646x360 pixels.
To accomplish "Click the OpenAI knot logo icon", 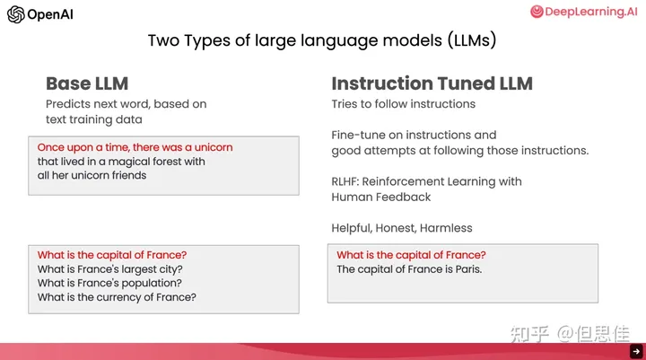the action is pos(15,14).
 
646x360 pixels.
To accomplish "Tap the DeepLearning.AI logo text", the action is pos(591,12).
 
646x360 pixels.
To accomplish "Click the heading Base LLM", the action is pos(87,83).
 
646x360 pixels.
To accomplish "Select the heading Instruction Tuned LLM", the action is pos(432,83).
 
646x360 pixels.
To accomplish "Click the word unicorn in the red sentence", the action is pos(214,147).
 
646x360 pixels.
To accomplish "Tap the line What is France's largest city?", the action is pos(110,269).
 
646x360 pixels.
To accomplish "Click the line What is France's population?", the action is pos(109,284).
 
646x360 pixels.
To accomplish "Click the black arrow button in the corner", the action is pos(636,351).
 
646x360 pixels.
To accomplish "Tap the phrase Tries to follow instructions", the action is pos(404,104).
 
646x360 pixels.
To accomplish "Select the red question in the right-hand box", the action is pos(411,255).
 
